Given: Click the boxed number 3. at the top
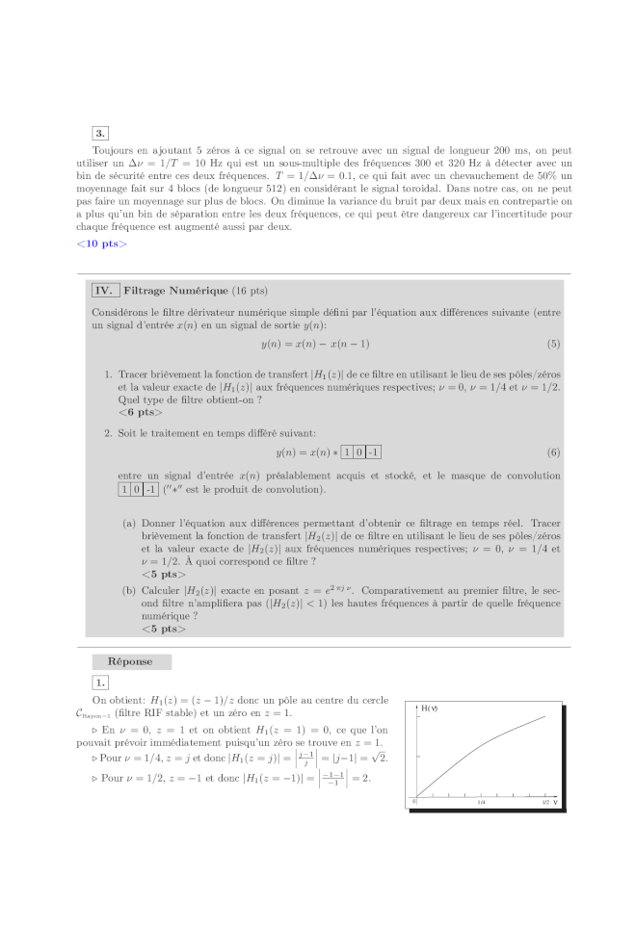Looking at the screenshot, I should tap(101, 133).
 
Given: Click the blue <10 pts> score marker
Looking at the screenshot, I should tap(101, 244).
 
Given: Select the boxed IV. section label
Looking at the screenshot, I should tap(104, 290).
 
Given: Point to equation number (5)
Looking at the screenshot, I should tap(553, 344).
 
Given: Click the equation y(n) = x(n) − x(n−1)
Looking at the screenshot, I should tap(315, 344).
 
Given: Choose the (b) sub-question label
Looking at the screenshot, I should tap(128, 589).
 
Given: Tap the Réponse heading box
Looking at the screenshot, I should tap(131, 661).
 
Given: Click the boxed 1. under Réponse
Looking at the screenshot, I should tap(101, 682).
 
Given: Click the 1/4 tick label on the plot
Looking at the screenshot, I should tap(481, 801).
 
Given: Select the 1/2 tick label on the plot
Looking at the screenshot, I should tap(545, 801).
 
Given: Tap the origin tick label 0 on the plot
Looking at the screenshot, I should tap(415, 801).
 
